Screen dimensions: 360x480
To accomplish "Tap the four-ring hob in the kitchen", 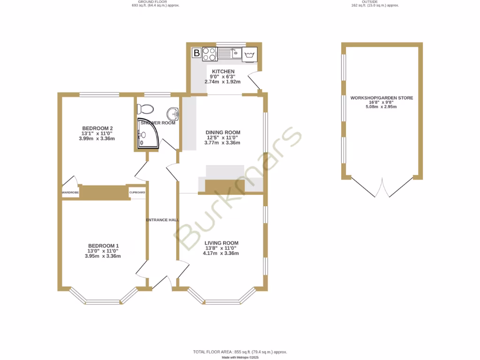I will click(209, 54).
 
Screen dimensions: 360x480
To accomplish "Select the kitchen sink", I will click(229, 53).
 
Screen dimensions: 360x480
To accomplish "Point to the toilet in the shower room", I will click(146, 109).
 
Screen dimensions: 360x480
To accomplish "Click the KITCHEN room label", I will click(223, 72).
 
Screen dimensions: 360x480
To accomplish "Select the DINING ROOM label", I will click(223, 133).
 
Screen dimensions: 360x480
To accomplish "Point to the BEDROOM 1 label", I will click(103, 246).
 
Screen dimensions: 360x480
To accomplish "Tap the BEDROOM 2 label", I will click(97, 128).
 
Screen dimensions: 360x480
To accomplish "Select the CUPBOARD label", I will click(137, 193).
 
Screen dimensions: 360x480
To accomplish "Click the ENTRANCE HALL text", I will click(163, 220).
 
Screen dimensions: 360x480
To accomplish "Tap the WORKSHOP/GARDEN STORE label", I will click(382, 98).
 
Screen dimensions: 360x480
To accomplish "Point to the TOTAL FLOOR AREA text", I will click(240, 352).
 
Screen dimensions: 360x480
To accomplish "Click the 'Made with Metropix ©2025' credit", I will click(240, 357).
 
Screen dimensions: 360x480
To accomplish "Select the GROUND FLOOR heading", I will click(155, 2).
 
